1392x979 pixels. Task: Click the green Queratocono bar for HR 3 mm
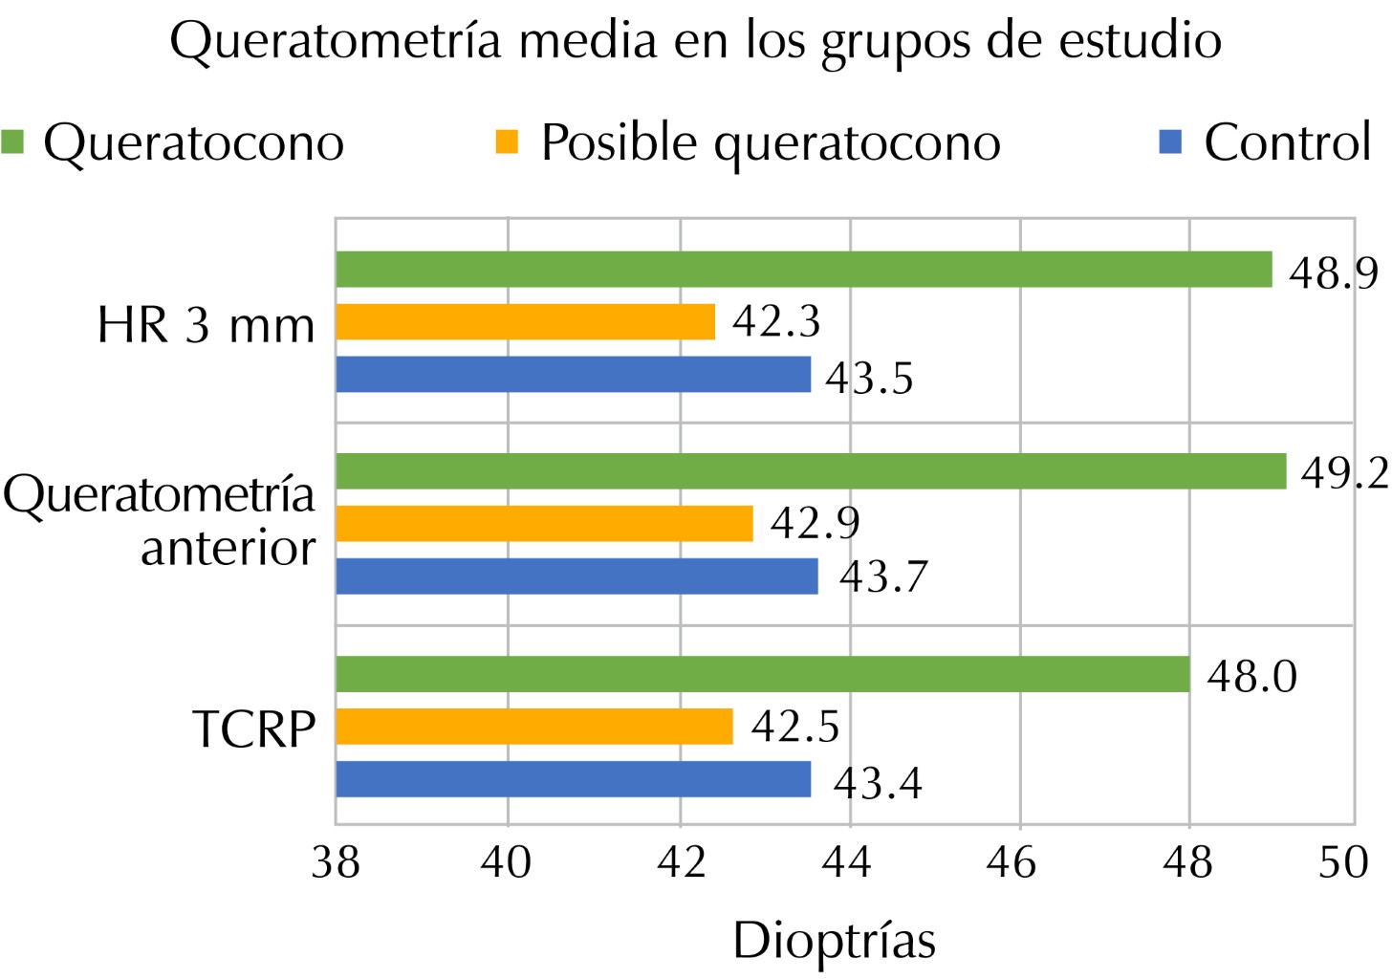(x=803, y=270)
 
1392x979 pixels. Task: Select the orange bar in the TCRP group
(x=534, y=727)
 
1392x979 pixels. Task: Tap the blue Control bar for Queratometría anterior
(x=576, y=577)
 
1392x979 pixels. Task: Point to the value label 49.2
(x=1343, y=472)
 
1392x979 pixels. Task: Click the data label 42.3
(x=776, y=321)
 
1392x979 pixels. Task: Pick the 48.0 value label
(x=1251, y=677)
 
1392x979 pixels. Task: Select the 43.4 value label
(x=877, y=784)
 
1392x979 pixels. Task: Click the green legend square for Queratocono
(x=13, y=141)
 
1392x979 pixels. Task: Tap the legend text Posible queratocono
(x=770, y=143)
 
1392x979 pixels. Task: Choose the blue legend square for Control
(x=1170, y=141)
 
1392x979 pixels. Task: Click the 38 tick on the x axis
(x=336, y=862)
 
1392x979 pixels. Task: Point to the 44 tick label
(x=848, y=862)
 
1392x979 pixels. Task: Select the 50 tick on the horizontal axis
(x=1343, y=862)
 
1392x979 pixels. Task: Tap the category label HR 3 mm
(x=206, y=325)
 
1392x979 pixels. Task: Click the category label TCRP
(x=253, y=729)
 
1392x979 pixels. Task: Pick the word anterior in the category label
(x=228, y=548)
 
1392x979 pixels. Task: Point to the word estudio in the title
(x=1140, y=40)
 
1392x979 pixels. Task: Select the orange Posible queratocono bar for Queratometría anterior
(x=544, y=523)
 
